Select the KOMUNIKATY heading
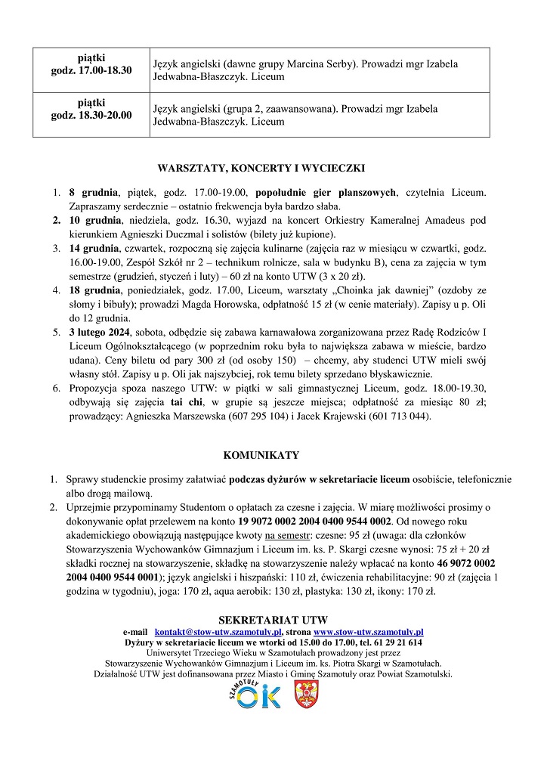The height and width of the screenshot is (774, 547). tap(261, 455)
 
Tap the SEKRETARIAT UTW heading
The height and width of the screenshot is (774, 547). tap(273, 621)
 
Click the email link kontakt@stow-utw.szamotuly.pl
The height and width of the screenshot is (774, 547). tap(218, 631)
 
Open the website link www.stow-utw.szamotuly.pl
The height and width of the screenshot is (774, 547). tap(368, 631)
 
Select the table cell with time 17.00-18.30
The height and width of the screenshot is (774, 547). tap(91, 64)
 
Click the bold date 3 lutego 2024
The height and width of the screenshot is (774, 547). tap(104, 331)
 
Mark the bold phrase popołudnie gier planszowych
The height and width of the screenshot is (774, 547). tap(326, 193)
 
